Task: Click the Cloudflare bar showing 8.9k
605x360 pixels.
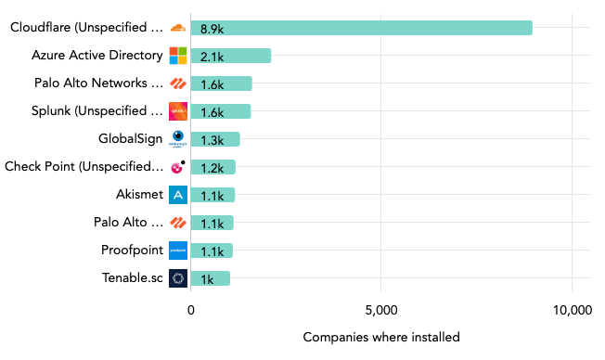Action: [x=361, y=28]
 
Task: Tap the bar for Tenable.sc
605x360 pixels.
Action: [x=210, y=278]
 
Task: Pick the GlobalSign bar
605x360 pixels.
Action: [x=215, y=139]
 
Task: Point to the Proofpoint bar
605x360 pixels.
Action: [x=212, y=251]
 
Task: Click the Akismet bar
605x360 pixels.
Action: [x=212, y=195]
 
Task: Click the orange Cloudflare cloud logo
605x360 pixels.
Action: [x=178, y=28]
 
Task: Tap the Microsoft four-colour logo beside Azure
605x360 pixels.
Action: [x=178, y=56]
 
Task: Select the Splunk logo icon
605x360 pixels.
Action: [x=178, y=111]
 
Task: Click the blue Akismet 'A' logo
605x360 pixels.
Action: [x=178, y=195]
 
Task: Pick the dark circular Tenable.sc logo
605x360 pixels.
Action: [x=178, y=278]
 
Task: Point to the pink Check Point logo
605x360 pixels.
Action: [x=177, y=167]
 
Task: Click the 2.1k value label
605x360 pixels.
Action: [x=212, y=57]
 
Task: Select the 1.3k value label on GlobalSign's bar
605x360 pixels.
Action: [x=212, y=140]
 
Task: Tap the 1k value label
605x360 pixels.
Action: [x=208, y=279]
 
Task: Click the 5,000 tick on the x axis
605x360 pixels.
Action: [x=381, y=310]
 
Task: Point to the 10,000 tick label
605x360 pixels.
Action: [x=572, y=310]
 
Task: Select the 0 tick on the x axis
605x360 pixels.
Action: [x=191, y=310]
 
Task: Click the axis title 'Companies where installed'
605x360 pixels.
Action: [x=381, y=337]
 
